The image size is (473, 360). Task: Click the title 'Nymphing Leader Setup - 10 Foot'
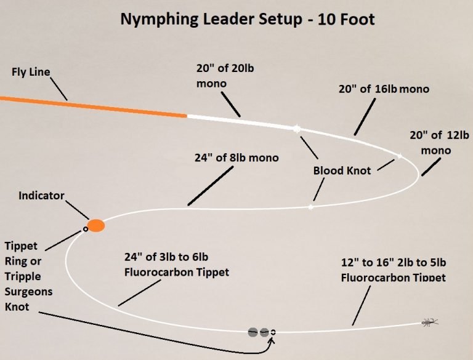[x=247, y=19]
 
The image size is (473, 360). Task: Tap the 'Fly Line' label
[x=31, y=72]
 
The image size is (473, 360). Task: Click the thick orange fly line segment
[x=92, y=106]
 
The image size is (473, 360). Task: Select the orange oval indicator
[x=96, y=226]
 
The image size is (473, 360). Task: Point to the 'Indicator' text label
[x=41, y=196]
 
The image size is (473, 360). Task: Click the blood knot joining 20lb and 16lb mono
[x=297, y=129]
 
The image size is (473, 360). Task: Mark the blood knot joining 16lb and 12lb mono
[x=400, y=156]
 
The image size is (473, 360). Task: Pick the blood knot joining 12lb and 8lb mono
[x=310, y=207]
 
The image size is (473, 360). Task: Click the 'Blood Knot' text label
[x=342, y=170]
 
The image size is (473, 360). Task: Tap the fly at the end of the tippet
[x=429, y=322]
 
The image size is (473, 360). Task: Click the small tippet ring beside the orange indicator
[x=86, y=230]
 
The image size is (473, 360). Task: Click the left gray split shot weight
[x=253, y=332]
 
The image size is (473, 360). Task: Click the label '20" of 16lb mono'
[x=384, y=89]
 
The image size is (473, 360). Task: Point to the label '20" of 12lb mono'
[x=436, y=143]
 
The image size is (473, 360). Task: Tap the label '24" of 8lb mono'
[x=236, y=158]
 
